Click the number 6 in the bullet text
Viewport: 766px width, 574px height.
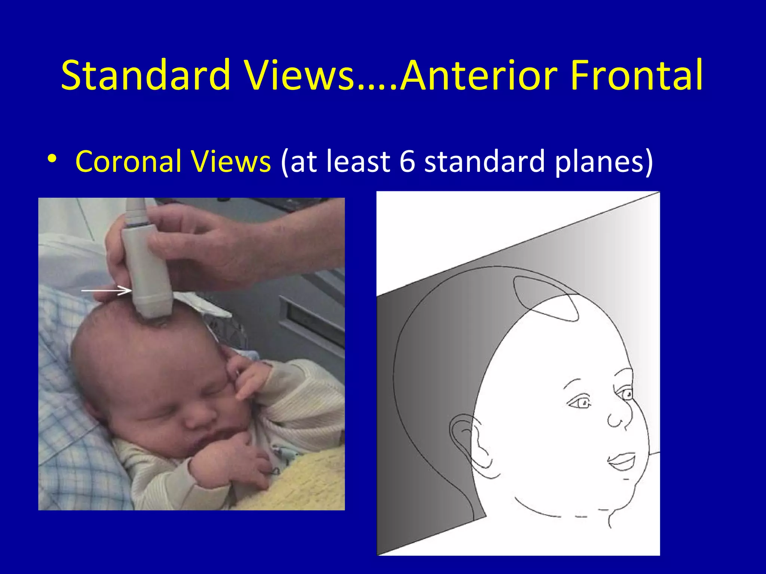[407, 161]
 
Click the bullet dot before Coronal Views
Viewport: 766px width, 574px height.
[52, 159]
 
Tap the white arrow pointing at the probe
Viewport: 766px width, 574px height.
[107, 290]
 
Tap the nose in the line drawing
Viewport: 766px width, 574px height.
[619, 419]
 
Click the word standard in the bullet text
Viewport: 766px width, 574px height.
[484, 161]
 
